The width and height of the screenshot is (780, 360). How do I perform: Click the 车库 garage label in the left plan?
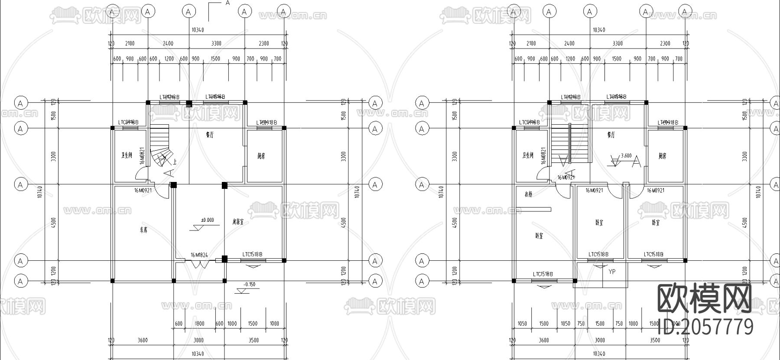click(x=144, y=231)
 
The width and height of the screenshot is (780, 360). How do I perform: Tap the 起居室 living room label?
click(x=238, y=222)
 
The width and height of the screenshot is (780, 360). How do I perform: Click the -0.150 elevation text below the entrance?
click(x=249, y=285)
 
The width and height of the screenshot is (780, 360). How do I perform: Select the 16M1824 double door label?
click(x=199, y=255)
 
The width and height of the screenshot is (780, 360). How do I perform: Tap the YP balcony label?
click(x=612, y=272)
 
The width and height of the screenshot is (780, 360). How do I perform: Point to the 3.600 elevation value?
click(x=626, y=156)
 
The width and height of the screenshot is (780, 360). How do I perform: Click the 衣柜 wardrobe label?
click(x=528, y=194)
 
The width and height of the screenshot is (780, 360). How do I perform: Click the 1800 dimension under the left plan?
click(x=199, y=324)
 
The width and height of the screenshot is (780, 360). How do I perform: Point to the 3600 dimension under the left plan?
click(x=143, y=340)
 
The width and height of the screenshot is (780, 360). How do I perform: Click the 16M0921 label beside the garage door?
click(x=143, y=190)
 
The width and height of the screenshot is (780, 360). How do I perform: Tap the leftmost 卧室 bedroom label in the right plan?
click(x=539, y=236)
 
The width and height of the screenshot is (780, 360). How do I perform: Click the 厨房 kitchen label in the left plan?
click(x=261, y=156)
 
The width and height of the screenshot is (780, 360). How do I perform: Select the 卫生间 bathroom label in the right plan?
click(x=528, y=156)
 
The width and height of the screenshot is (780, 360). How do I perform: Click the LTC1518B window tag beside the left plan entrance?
click(x=252, y=254)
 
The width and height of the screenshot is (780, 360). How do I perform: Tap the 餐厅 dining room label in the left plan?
click(x=210, y=135)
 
